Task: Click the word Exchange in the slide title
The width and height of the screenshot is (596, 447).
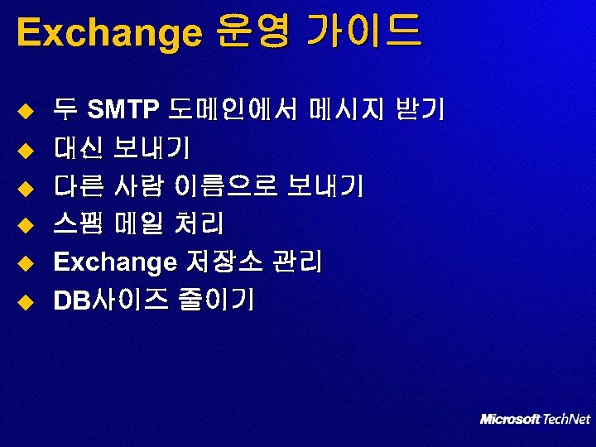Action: click(108, 33)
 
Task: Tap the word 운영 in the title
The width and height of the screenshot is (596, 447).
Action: click(252, 33)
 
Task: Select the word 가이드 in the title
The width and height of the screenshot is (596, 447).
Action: click(363, 33)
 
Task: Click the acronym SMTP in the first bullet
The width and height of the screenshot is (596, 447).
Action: click(123, 109)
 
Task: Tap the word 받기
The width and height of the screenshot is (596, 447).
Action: click(421, 109)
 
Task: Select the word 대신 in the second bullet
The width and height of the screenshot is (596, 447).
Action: click(78, 147)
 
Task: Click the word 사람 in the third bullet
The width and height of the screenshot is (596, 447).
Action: click(137, 186)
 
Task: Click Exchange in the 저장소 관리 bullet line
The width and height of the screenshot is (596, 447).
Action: click(114, 263)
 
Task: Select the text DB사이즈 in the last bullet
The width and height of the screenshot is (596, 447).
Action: click(107, 300)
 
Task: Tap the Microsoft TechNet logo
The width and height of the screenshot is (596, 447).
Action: click(535, 419)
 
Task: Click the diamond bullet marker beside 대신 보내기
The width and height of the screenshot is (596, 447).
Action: click(25, 149)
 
